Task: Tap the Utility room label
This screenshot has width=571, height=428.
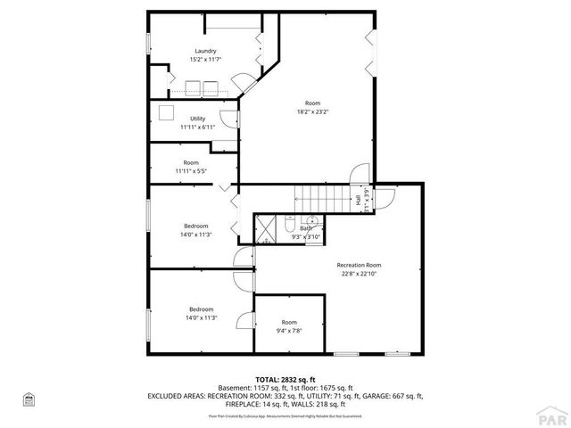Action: pyautogui.click(x=197, y=119)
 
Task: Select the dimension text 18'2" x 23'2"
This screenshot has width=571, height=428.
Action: pyautogui.click(x=313, y=111)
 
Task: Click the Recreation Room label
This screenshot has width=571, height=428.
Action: pyautogui.click(x=359, y=265)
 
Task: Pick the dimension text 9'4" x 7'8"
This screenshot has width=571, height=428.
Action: pyautogui.click(x=289, y=330)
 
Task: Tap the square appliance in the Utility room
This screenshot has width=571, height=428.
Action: pyautogui.click(x=166, y=113)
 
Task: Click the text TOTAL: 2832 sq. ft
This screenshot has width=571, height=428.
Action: pyautogui.click(x=285, y=379)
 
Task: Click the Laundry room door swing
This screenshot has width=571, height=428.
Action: pyautogui.click(x=243, y=87)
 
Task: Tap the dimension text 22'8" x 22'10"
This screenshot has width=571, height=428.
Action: pyautogui.click(x=359, y=274)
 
